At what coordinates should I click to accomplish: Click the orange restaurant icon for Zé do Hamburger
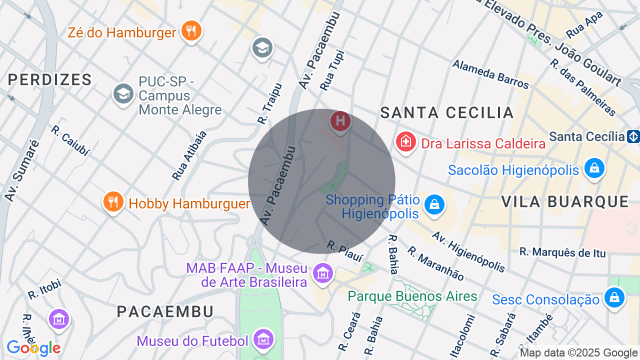[x=191, y=31]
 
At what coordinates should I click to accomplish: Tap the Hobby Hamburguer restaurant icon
[x=113, y=201]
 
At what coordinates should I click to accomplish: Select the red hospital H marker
[x=340, y=121]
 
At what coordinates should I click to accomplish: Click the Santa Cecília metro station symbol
[x=633, y=136]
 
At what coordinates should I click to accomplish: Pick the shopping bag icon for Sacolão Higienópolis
[x=594, y=168]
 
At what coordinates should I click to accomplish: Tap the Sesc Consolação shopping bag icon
[x=614, y=297]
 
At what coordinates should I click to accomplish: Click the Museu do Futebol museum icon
[x=263, y=339]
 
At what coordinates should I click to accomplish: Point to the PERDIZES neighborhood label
[x=50, y=79]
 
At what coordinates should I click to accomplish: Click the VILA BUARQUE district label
[x=565, y=201]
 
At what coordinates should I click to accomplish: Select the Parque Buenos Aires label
[x=412, y=296]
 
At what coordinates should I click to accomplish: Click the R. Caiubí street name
[x=69, y=140]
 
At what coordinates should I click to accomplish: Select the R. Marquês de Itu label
[x=562, y=252]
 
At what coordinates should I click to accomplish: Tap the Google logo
[x=33, y=348]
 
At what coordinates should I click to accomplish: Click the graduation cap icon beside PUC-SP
[x=123, y=93]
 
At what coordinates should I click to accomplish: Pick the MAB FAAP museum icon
[x=323, y=273]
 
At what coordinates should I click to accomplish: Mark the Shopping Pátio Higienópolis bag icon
[x=434, y=204]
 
